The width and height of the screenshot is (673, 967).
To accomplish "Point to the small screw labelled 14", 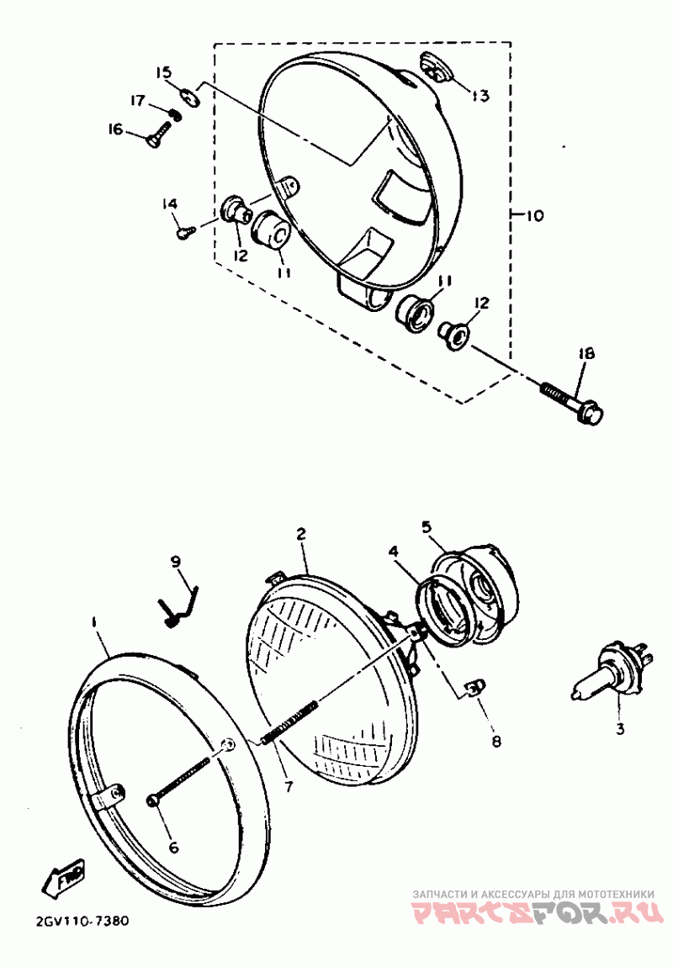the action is (184, 230).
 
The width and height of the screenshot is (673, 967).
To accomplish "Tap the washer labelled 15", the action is (189, 98).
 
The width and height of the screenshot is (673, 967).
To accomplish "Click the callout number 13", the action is (480, 96).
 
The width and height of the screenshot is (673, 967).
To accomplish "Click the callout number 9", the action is (176, 561).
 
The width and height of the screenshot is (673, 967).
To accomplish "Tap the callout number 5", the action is (427, 527).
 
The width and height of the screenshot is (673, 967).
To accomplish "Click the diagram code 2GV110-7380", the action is (82, 921).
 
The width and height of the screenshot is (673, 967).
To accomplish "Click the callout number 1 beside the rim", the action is (95, 622).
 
